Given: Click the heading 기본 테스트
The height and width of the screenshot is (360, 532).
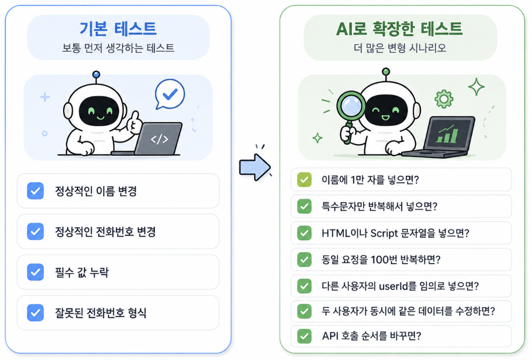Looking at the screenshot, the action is [118, 29].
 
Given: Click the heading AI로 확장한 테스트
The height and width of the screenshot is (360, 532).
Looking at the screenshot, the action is [400, 29].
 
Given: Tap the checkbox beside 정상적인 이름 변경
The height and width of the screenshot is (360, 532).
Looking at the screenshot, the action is [36, 191].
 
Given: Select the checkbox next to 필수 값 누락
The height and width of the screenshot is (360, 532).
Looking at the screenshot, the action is [36, 272].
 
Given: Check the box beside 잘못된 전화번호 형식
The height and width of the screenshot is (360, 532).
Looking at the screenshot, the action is [36, 313].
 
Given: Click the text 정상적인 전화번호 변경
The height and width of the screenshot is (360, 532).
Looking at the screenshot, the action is [105, 232].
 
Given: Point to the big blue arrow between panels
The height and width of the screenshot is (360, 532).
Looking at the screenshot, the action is [255, 168].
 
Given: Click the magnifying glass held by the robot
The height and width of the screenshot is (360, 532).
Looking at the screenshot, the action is [350, 112].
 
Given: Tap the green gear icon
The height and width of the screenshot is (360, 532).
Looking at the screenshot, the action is [444, 99].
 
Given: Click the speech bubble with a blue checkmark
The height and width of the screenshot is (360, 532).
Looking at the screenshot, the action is [170, 94].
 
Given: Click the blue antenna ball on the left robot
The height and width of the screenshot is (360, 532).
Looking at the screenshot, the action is [96, 74].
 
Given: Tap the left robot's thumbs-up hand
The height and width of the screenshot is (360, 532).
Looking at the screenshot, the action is [134, 122].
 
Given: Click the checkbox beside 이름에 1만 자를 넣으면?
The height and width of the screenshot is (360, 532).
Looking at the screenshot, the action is [304, 180].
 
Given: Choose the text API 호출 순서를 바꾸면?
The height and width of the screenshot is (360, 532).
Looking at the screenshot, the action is [371, 336].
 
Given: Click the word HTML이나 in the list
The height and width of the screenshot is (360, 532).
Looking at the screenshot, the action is [344, 233].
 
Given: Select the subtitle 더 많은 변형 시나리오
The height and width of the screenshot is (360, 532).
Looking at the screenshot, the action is [400, 48].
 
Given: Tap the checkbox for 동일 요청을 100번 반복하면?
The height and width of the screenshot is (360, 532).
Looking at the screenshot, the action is [304, 260].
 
